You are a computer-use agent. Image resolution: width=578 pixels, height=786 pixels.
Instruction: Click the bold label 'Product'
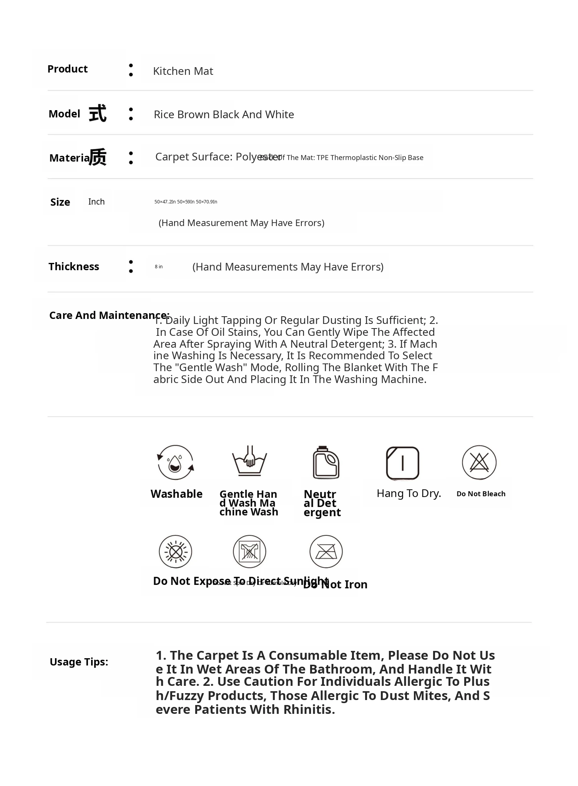click(x=67, y=69)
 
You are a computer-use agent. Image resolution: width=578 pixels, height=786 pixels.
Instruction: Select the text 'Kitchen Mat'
click(x=183, y=71)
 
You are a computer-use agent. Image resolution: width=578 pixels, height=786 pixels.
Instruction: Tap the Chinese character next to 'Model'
click(x=98, y=114)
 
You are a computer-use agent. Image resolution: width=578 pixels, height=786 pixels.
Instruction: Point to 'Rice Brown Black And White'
click(x=224, y=115)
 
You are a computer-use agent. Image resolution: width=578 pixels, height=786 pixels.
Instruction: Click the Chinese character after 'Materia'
click(x=98, y=157)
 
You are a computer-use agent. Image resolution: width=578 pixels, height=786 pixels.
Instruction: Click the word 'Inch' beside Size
click(x=96, y=202)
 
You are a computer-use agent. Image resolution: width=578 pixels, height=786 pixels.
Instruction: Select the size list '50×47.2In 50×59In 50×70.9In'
click(x=186, y=202)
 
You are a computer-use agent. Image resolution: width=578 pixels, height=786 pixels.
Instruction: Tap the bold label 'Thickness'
click(x=74, y=267)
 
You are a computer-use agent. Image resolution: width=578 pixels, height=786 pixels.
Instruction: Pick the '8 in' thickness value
click(x=159, y=267)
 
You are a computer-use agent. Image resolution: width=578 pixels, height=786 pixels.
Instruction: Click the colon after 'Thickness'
click(x=131, y=267)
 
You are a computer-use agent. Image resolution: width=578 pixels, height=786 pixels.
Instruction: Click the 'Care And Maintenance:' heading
click(x=109, y=315)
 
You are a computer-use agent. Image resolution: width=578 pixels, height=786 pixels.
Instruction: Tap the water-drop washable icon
click(x=176, y=462)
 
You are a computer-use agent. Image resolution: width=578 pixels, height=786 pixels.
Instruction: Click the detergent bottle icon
click(x=326, y=462)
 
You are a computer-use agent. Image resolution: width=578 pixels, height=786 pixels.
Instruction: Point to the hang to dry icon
click(x=402, y=463)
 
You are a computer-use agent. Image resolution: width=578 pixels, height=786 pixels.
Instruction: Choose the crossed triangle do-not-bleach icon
click(x=479, y=462)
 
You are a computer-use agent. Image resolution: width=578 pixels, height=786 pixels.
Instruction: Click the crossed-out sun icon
click(x=176, y=552)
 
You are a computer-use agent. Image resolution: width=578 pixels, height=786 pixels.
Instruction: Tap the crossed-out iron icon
click(x=326, y=552)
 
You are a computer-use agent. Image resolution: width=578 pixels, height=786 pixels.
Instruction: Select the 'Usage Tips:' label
click(x=79, y=662)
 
